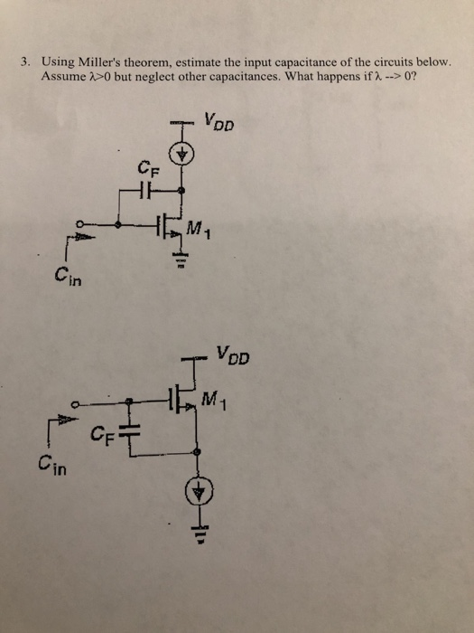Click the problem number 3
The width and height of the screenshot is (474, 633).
point(28,61)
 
